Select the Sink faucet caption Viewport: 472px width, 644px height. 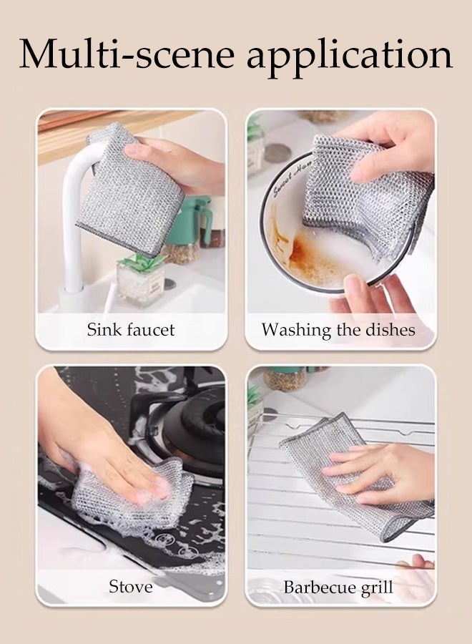[x=131, y=330]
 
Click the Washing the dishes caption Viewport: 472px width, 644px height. [x=338, y=330]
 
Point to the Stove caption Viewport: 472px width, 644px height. [x=130, y=587]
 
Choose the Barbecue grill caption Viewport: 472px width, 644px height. [x=338, y=587]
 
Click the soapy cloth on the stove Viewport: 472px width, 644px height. [x=129, y=494]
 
